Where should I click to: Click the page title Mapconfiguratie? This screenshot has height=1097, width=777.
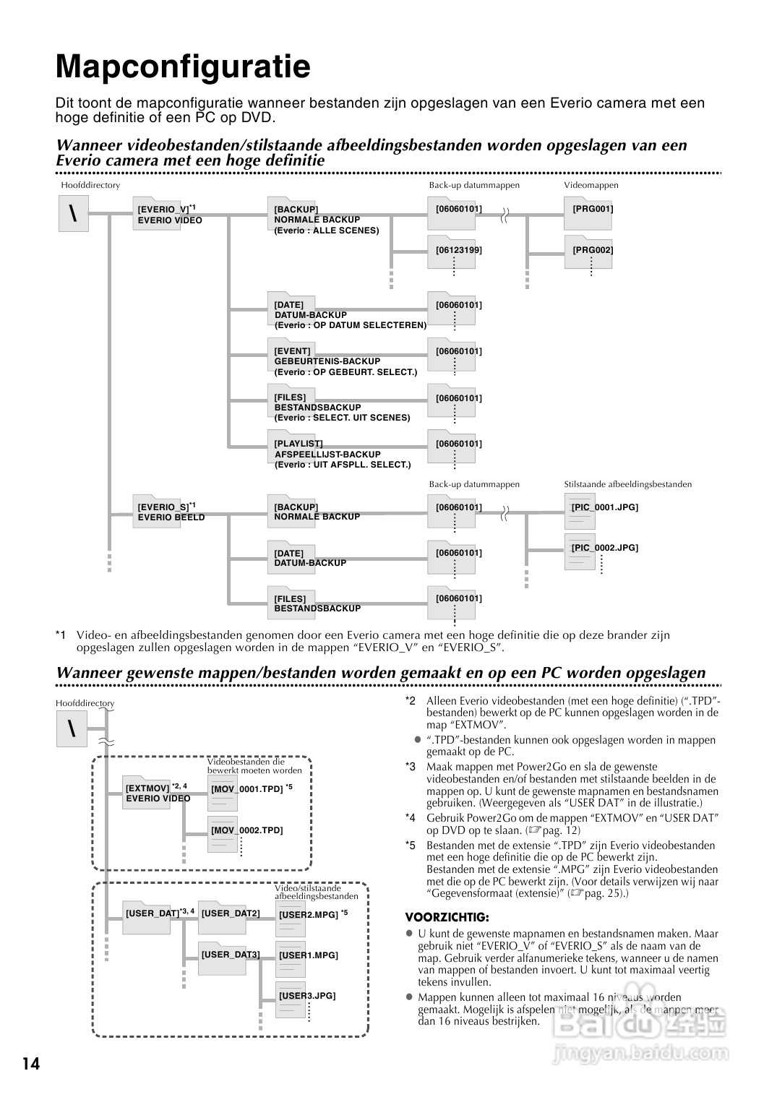tap(183, 67)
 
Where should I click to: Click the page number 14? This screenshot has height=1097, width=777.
tap(31, 1064)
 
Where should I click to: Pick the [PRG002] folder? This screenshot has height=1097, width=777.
tap(588, 252)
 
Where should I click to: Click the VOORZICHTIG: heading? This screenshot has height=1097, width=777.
tap(447, 917)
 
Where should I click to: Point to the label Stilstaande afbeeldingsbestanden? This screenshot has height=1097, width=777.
tap(627, 484)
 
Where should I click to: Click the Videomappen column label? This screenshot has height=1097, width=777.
tap(591, 185)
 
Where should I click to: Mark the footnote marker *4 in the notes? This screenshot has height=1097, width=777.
tap(410, 818)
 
